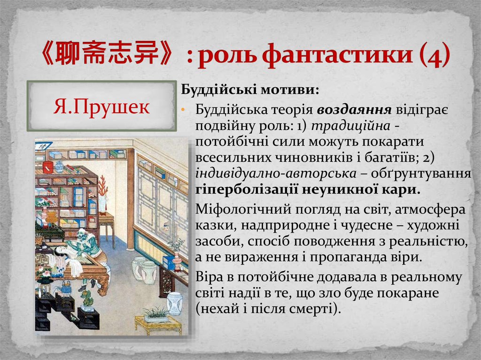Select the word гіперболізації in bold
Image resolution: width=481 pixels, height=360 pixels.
[244, 190]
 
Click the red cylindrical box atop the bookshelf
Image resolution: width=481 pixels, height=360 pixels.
[48, 167]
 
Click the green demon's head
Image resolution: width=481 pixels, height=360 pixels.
[83, 233]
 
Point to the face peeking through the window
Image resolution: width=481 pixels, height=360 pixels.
[165, 230]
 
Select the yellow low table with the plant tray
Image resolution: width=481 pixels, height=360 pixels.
[158, 322]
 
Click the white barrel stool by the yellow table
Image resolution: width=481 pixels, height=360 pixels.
[174, 303]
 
